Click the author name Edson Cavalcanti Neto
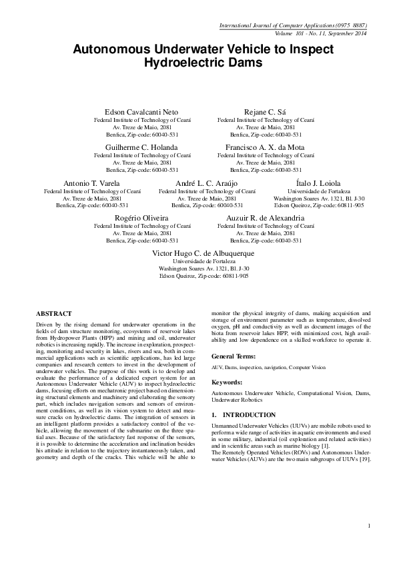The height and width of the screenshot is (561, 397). (x=142, y=111)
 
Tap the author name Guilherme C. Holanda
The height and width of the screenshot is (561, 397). (x=142, y=147)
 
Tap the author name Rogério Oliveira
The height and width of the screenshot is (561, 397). (x=142, y=219)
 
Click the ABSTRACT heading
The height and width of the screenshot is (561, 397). (x=54, y=312)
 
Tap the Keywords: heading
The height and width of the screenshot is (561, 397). (x=228, y=382)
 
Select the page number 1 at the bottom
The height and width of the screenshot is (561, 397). (x=368, y=527)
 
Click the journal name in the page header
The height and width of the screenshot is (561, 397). (x=294, y=25)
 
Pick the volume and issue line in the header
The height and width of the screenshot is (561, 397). (x=321, y=33)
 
